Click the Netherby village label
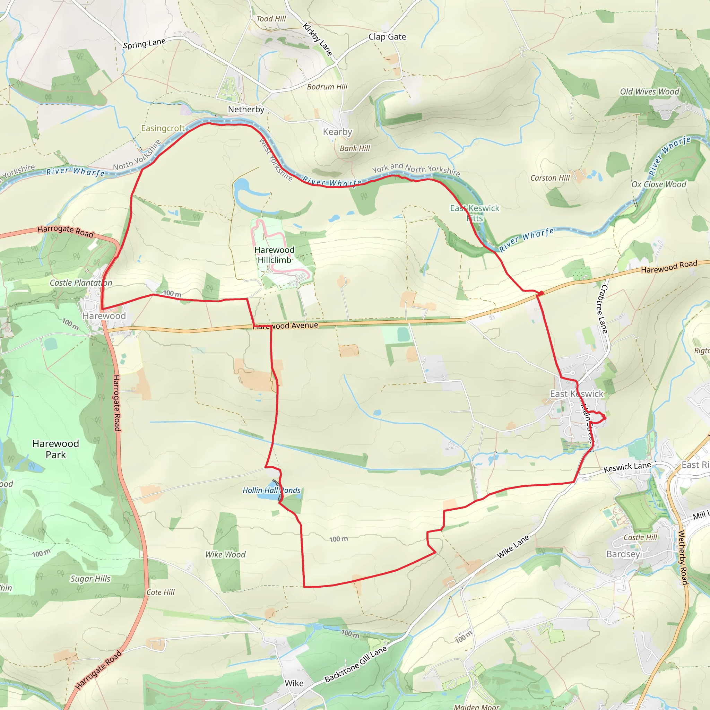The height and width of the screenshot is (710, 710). (246, 110)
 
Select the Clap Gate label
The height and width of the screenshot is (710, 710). (387, 37)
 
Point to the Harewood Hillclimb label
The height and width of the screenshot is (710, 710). (274, 255)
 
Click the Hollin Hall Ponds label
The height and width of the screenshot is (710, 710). (271, 490)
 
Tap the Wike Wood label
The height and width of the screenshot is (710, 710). (225, 555)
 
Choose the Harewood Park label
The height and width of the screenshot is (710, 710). (55, 449)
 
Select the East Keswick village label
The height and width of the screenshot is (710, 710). (577, 393)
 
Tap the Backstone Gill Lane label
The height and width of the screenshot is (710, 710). (355, 664)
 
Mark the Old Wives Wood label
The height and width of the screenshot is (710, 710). (649, 92)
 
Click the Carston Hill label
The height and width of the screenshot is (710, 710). (550, 178)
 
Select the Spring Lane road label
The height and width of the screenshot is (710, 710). (144, 44)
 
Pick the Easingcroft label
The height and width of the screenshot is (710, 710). (163, 128)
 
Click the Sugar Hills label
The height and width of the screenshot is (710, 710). (90, 579)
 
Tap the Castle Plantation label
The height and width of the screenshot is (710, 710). (81, 283)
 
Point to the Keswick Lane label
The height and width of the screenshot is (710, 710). (627, 467)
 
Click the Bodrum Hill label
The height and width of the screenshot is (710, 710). (327, 87)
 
